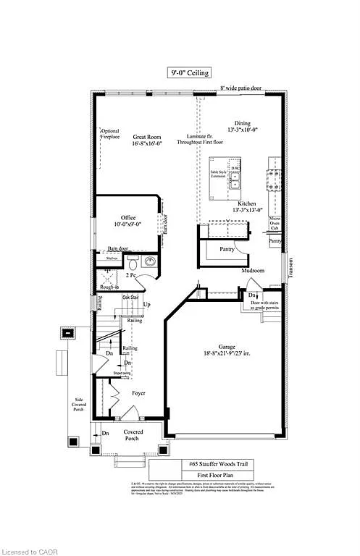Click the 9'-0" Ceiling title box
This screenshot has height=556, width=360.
189,72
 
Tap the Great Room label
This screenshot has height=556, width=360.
147,136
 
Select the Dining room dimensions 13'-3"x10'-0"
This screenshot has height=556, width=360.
243,130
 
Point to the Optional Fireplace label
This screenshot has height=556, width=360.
110,135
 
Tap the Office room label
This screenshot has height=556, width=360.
127,218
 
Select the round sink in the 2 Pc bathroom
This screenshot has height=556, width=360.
149,261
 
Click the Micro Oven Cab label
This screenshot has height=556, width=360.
275,222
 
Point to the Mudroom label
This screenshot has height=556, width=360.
254,271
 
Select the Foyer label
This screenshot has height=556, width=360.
138,393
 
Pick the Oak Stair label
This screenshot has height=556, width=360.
130,297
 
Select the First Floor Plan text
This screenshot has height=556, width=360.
217,476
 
